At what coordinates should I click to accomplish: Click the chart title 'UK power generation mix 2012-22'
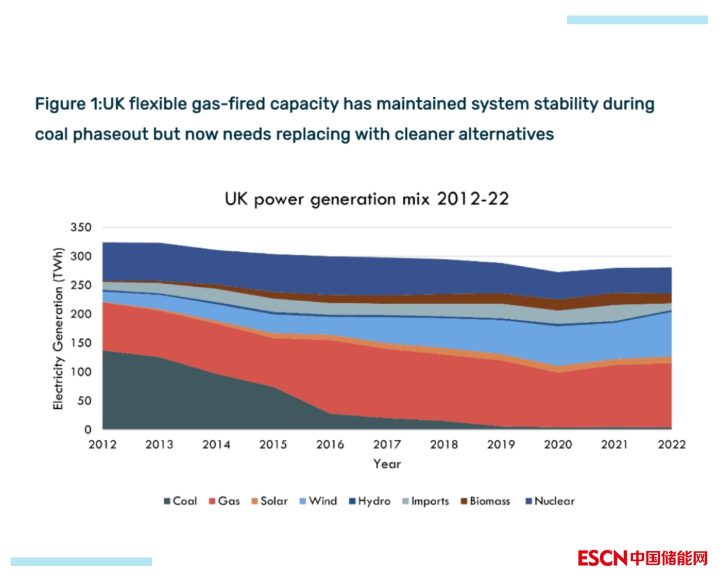[x=366, y=199]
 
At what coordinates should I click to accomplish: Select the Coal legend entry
[x=180, y=501]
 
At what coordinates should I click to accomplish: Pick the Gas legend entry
[x=223, y=501]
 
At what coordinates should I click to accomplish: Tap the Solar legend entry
[x=269, y=501]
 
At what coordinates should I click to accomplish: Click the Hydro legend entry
[x=369, y=501]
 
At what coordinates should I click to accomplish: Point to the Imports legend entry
[x=424, y=501]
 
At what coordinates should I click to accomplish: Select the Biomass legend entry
[x=485, y=501]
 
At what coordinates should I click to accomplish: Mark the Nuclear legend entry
[x=550, y=501]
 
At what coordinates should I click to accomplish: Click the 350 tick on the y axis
[x=82, y=228]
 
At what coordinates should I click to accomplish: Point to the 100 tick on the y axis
[x=82, y=372]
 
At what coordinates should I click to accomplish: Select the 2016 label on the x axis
[x=330, y=445]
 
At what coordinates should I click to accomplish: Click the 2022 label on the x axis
[x=671, y=445]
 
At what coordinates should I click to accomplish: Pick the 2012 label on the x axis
[x=103, y=445]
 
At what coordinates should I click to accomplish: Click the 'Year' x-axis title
[x=387, y=464]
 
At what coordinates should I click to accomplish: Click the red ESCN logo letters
[x=602, y=558]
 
